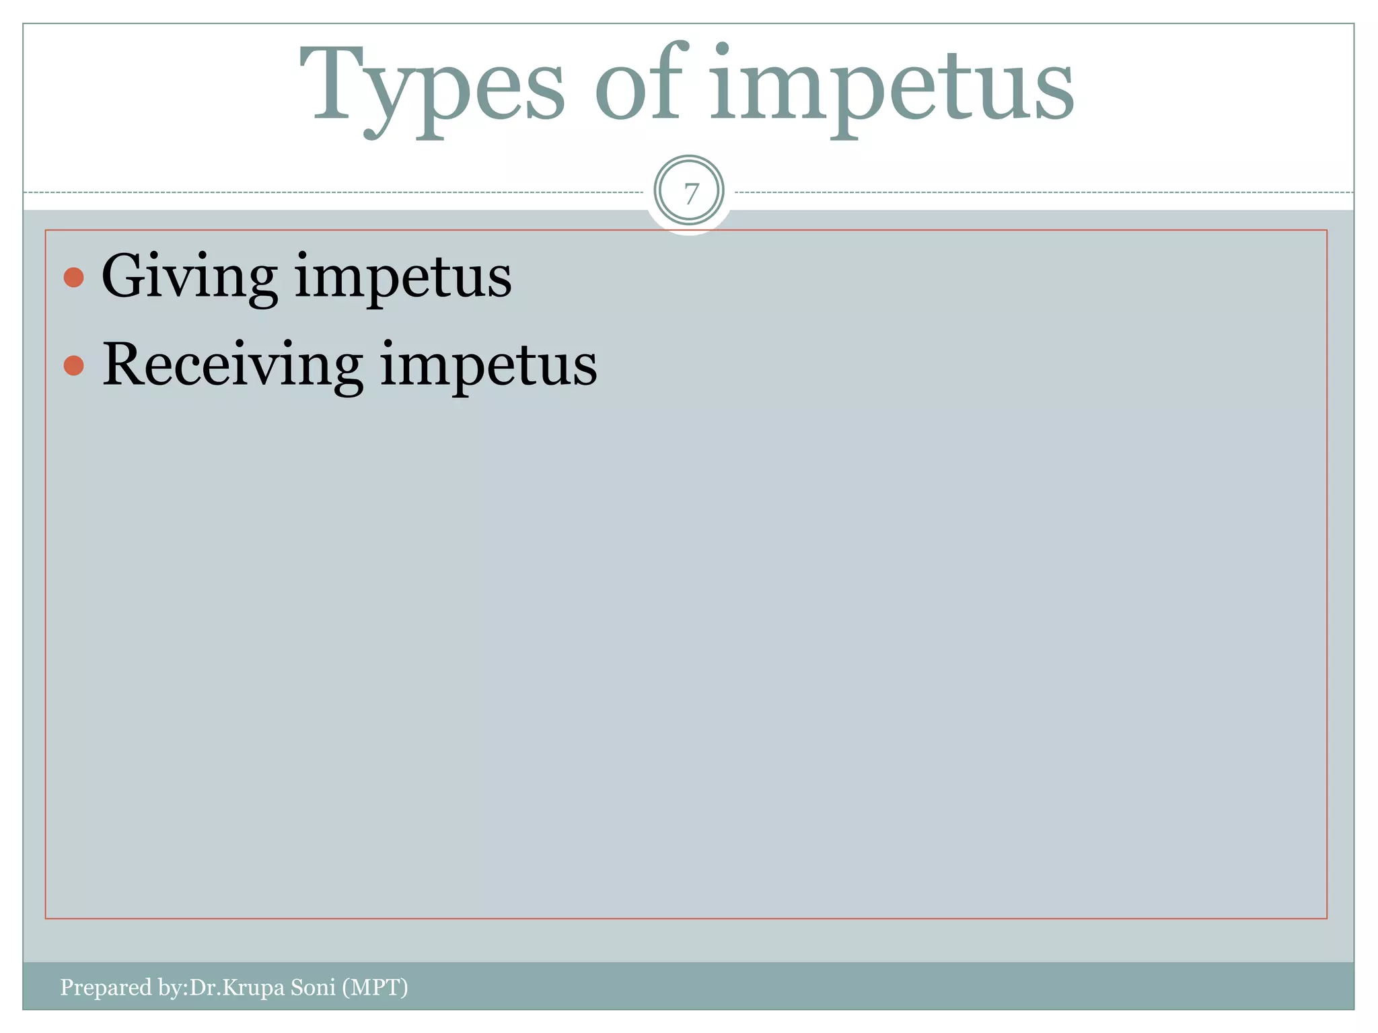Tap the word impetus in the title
(892, 87)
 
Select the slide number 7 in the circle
(690, 194)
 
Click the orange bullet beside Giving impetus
(73, 277)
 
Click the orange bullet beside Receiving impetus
(73, 365)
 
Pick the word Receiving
(232, 365)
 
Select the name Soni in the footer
(313, 987)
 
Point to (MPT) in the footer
(375, 987)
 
